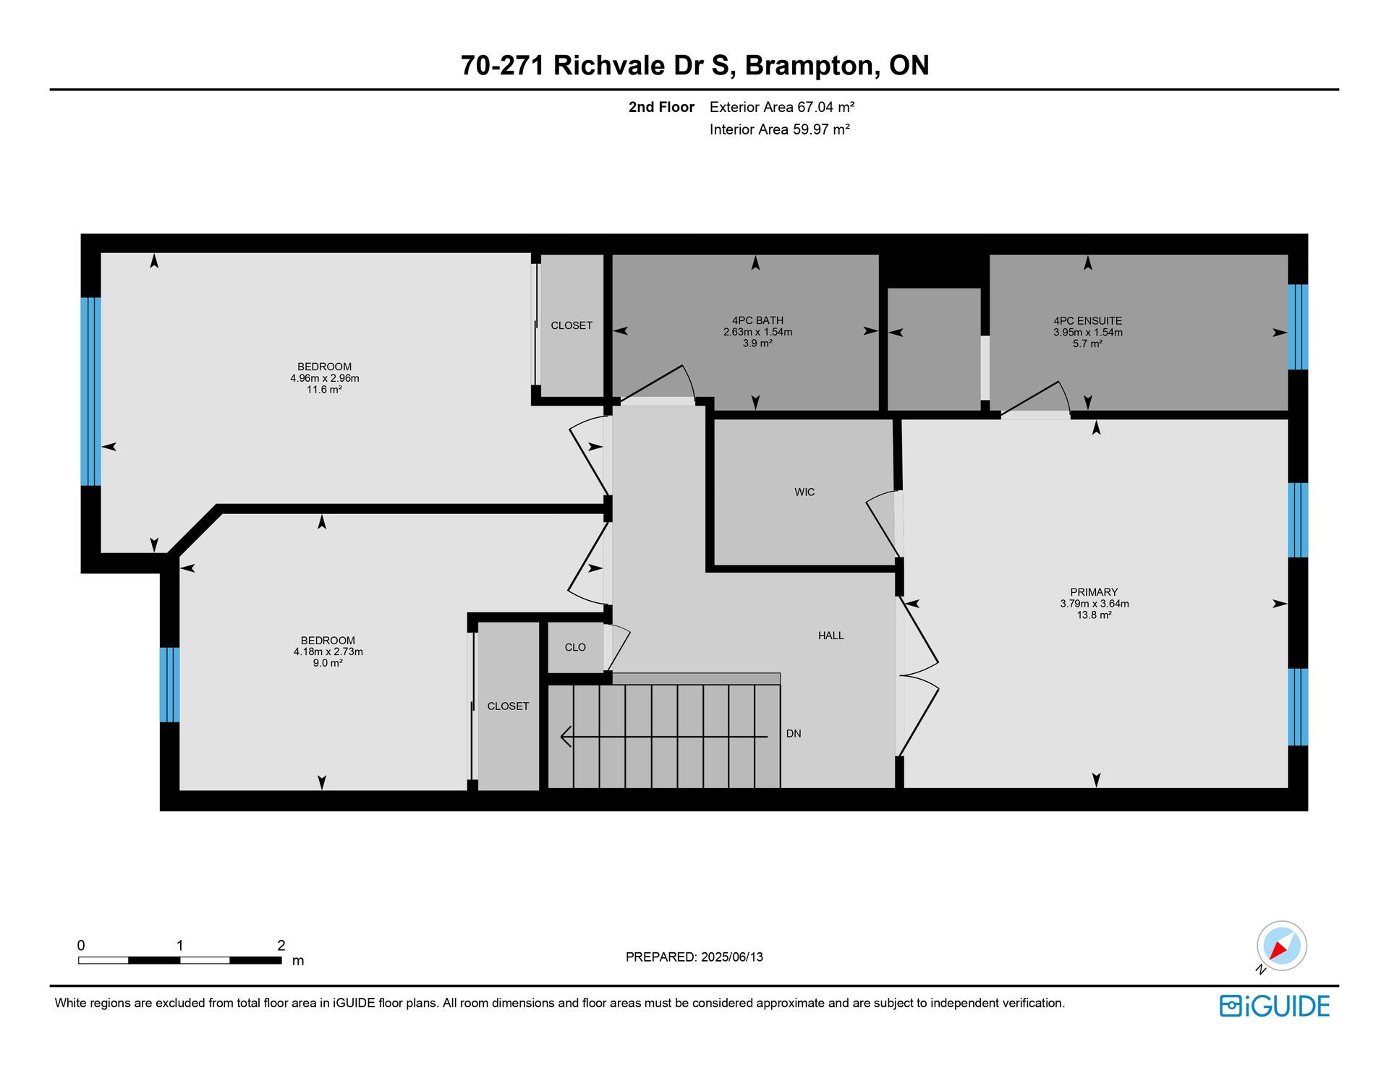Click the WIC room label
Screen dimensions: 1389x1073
coord(804,492)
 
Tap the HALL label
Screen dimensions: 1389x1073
coord(831,636)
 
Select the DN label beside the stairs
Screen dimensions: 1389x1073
coord(794,733)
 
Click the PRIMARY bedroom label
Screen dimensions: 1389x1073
coord(1094,592)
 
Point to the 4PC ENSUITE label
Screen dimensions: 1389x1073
coord(1087,321)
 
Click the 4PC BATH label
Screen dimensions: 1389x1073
coord(757,320)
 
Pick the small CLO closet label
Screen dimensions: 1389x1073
coord(575,647)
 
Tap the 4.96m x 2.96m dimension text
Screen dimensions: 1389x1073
coord(325,378)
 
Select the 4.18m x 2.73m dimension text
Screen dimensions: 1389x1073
coord(328,651)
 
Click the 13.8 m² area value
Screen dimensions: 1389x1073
coord(1094,615)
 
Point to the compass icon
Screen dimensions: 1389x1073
coord(1281,946)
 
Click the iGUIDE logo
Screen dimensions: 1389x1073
coord(1275,1006)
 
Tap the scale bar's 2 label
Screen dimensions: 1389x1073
coord(281,945)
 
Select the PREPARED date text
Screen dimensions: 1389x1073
coord(694,957)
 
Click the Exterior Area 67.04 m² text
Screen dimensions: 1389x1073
coord(782,107)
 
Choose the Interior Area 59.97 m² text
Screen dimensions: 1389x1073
coord(779,129)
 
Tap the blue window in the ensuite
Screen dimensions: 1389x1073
coord(1298,327)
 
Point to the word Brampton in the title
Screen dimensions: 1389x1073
coord(812,66)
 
